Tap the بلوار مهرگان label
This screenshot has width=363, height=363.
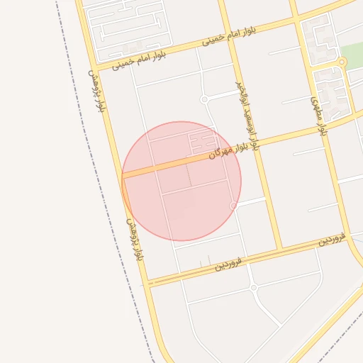[235, 151]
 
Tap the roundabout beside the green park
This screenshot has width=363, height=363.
[342, 62]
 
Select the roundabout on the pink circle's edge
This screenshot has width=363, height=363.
[234, 206]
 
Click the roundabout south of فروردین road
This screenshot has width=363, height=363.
[253, 287]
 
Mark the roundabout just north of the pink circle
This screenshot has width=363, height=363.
[204, 99]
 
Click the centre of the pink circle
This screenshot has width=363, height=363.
[181, 181]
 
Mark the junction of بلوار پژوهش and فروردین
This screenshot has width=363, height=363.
[147, 283]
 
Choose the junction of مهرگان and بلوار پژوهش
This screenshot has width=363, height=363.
[122, 177]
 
